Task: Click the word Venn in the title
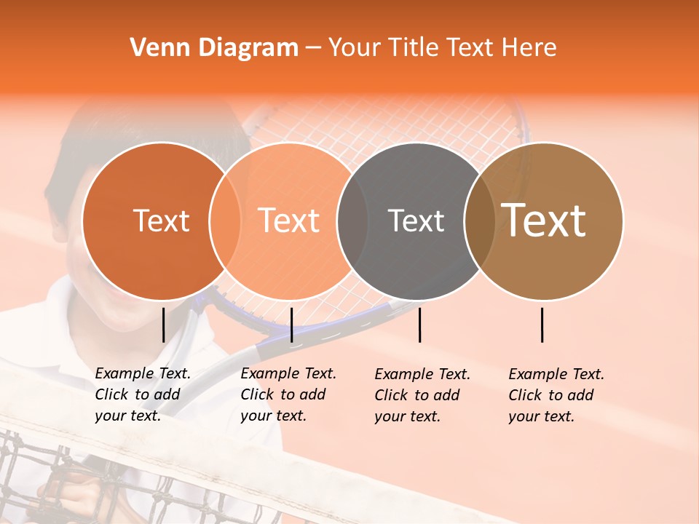coord(156,48)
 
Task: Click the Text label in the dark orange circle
coord(161,221)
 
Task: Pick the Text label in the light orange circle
coord(288,221)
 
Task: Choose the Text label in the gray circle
coord(416,221)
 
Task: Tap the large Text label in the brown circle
coord(544,221)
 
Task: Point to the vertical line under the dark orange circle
coord(163,325)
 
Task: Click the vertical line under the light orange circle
coord(291,325)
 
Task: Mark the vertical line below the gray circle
coord(419,325)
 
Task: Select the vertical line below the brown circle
coord(542,325)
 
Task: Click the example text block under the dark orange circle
coord(143,394)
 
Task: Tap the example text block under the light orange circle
coord(288,394)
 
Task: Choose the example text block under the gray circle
coord(422,395)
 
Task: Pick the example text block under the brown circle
coord(556,395)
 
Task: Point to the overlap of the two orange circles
coord(225,221)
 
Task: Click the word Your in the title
coord(355,48)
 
